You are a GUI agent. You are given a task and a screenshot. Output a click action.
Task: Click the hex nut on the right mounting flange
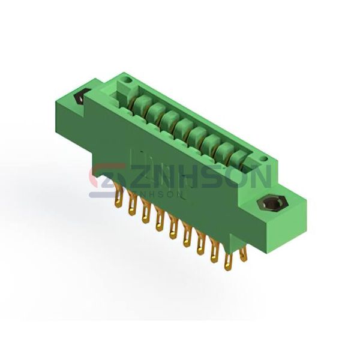tap(272, 203)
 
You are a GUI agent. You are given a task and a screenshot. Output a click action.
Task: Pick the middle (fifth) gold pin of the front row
tap(173, 230)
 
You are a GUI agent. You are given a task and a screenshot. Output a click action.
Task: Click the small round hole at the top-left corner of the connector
tap(127, 80)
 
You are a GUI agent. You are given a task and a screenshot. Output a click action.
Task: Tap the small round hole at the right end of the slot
tap(265, 158)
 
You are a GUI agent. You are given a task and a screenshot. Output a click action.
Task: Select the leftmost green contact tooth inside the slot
tap(143, 104)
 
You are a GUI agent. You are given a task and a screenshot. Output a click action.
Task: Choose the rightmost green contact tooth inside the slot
tap(239, 158)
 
